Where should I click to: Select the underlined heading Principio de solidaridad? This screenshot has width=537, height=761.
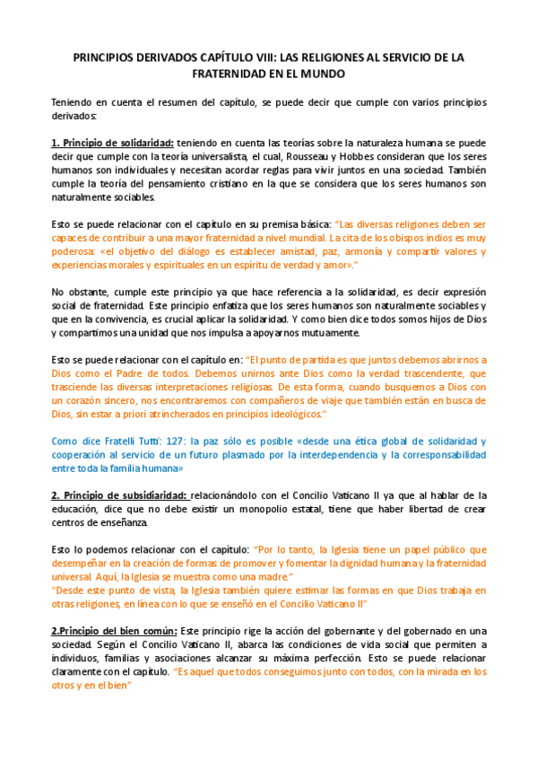pyautogui.click(x=117, y=143)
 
